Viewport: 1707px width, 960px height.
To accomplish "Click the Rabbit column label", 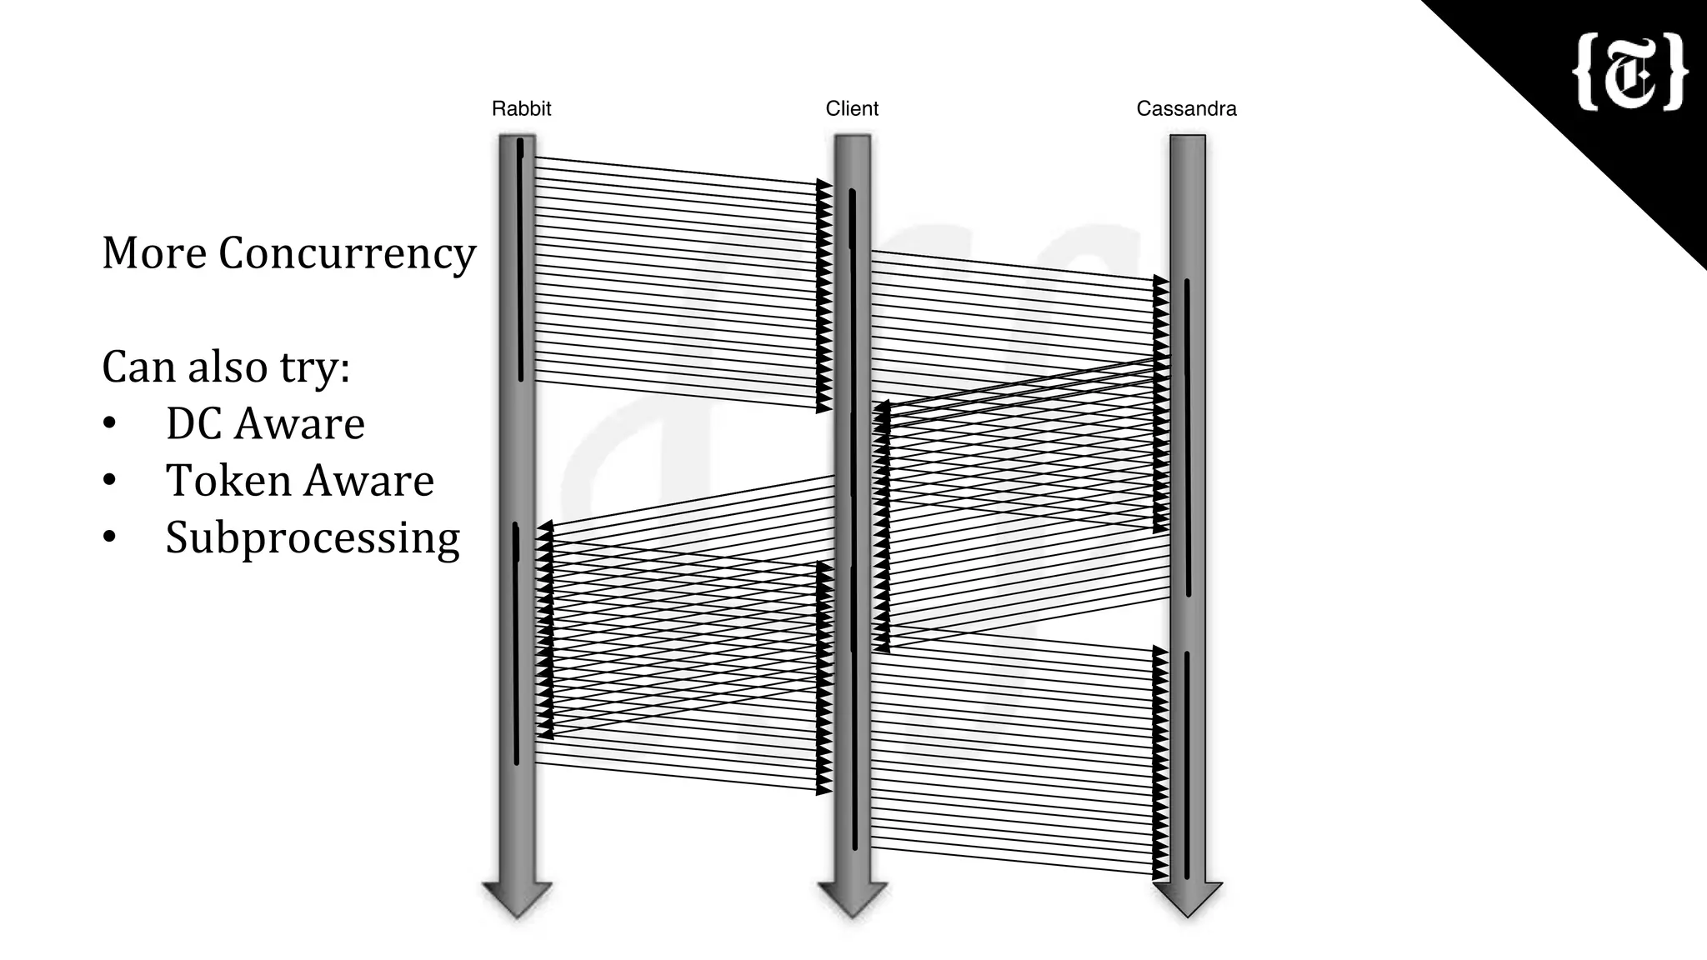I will (x=521, y=108).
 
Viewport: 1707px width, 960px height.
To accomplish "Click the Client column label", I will (x=852, y=108).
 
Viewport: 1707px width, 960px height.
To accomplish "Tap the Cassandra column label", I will (x=1186, y=108).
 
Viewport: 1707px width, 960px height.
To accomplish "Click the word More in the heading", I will (x=154, y=252).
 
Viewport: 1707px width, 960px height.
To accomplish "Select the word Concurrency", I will (x=347, y=254).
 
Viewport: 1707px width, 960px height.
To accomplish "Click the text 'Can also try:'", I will (x=226, y=367).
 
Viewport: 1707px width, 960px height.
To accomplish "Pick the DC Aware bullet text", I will (x=265, y=423).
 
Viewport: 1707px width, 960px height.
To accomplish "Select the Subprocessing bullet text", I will (x=313, y=538).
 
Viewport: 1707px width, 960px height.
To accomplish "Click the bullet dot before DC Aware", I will (x=109, y=424).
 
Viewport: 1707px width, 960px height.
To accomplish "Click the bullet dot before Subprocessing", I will (x=109, y=538).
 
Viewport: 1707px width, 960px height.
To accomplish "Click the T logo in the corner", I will (x=1629, y=72).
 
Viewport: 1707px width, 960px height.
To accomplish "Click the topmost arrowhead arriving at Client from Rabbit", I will (x=823, y=184).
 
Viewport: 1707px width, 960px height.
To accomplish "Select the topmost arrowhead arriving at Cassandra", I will (x=1160, y=281).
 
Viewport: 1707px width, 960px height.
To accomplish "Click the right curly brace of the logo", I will (x=1675, y=72).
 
